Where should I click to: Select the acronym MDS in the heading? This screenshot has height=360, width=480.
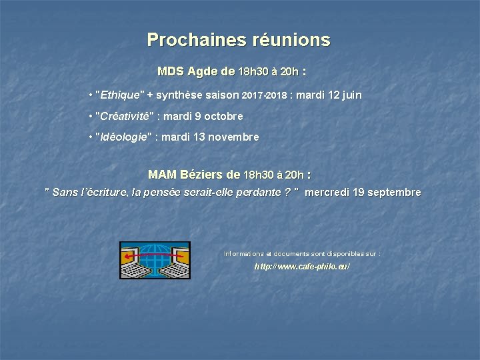click(171, 71)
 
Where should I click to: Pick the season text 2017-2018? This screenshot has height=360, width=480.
click(264, 96)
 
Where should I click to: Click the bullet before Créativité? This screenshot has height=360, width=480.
click(90, 116)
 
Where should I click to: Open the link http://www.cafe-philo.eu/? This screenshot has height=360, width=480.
click(302, 266)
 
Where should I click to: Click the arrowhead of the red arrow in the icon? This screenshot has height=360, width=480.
click(125, 255)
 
